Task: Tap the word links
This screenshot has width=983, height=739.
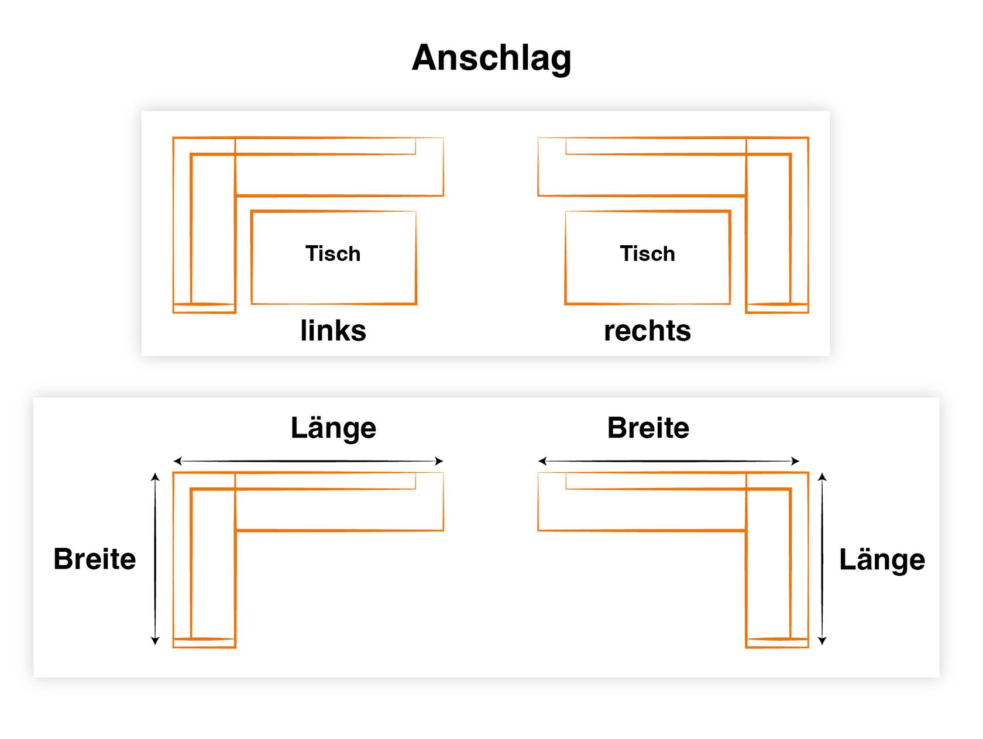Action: tap(333, 331)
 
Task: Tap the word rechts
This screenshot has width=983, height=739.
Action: tap(647, 331)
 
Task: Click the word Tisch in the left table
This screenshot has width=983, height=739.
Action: tap(333, 253)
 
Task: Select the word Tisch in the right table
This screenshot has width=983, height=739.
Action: tap(647, 253)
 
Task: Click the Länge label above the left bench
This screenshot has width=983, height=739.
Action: tap(333, 429)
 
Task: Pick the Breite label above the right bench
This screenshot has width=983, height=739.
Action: tap(648, 428)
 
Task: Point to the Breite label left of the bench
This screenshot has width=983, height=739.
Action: tap(94, 559)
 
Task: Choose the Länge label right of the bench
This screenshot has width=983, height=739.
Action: tap(882, 560)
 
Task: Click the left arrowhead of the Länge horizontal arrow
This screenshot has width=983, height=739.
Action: tap(177, 461)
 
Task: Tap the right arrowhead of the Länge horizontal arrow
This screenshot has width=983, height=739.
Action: tap(439, 461)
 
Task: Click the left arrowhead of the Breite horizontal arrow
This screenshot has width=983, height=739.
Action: tap(542, 461)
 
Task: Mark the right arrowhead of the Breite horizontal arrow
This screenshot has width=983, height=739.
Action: tap(795, 461)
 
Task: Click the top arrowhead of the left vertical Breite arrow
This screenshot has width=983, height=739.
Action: tap(155, 476)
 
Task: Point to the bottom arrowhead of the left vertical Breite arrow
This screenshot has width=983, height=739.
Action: tap(155, 641)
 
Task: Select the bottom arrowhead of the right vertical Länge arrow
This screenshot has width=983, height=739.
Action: tap(822, 641)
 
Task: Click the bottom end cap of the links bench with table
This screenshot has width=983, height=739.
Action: tap(204, 308)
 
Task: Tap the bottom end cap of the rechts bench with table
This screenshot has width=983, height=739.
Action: tap(777, 308)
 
